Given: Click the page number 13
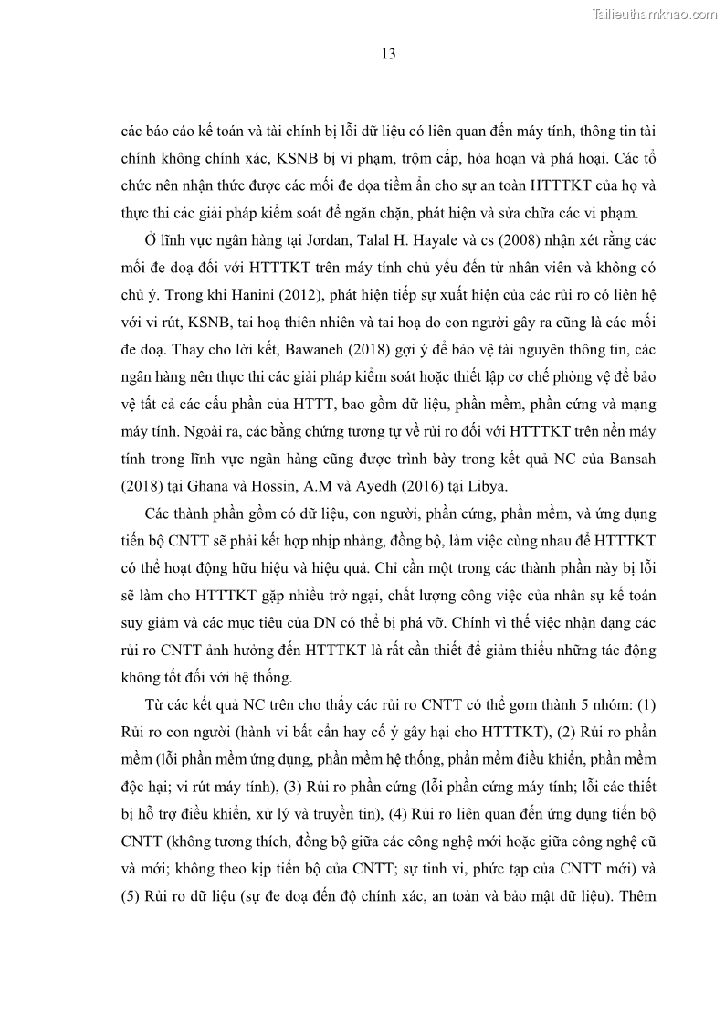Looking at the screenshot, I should (388, 54).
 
